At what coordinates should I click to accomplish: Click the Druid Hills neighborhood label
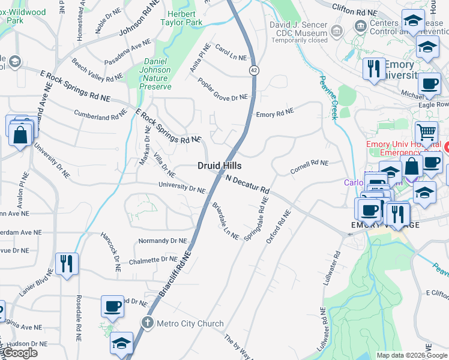click(x=220, y=165)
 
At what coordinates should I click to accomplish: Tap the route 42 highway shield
click(x=254, y=70)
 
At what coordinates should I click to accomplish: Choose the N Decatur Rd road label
click(x=247, y=184)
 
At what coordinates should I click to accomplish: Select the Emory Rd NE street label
click(x=275, y=113)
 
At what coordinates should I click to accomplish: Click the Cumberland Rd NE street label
click(x=100, y=112)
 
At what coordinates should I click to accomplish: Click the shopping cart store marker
click(x=426, y=132)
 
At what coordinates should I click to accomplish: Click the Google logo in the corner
click(x=20, y=353)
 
